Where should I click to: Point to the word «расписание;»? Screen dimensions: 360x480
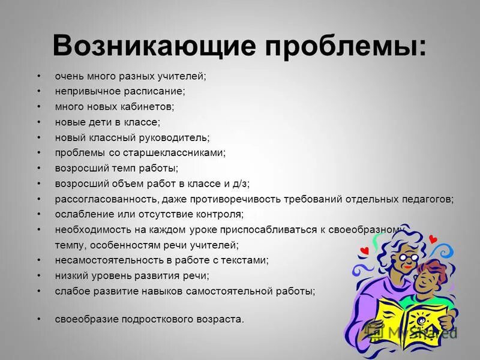pos(155,91)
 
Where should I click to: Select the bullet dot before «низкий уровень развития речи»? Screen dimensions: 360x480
pos(38,275)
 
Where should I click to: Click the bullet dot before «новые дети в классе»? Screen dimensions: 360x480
pos(38,122)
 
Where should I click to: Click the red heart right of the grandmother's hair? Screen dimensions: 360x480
pos(433,239)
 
